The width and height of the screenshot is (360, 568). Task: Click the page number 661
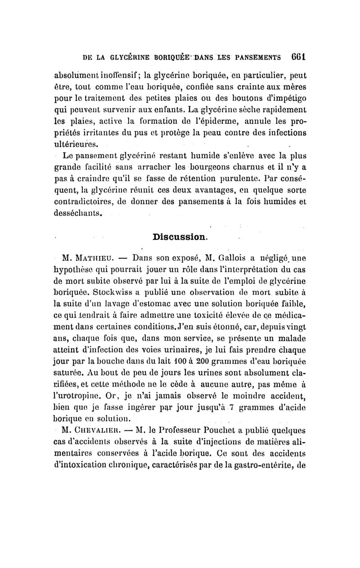click(x=297, y=57)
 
